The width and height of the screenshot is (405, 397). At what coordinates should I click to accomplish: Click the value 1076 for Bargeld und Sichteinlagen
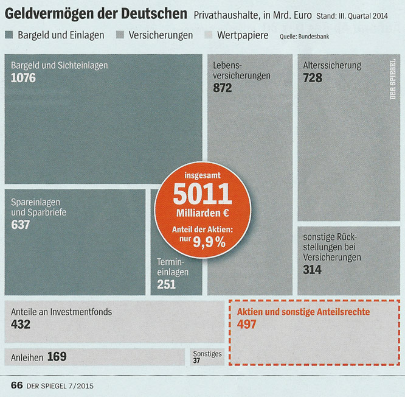click(24, 78)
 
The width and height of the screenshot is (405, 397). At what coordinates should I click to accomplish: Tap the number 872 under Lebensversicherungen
click(223, 88)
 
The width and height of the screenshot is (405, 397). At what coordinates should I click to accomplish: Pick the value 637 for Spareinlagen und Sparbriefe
click(21, 225)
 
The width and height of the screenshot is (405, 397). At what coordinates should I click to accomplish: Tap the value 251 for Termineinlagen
click(166, 284)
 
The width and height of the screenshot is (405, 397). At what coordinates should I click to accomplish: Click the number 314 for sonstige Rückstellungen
click(312, 270)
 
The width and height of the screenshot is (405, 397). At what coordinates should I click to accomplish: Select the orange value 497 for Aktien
click(246, 325)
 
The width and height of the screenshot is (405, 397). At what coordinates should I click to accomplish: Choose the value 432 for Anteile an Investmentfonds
click(21, 324)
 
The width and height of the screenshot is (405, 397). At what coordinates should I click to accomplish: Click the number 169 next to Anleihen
click(57, 356)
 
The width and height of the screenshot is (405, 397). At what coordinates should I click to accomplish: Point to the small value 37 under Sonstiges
click(196, 360)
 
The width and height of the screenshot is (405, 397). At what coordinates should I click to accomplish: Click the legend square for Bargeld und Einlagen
click(9, 35)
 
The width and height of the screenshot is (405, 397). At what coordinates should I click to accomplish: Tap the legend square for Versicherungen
click(119, 35)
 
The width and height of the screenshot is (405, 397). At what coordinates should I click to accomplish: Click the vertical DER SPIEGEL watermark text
click(393, 79)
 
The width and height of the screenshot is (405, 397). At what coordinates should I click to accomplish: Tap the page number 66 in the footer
click(16, 385)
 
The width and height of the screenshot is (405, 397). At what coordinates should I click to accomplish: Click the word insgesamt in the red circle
click(202, 175)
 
